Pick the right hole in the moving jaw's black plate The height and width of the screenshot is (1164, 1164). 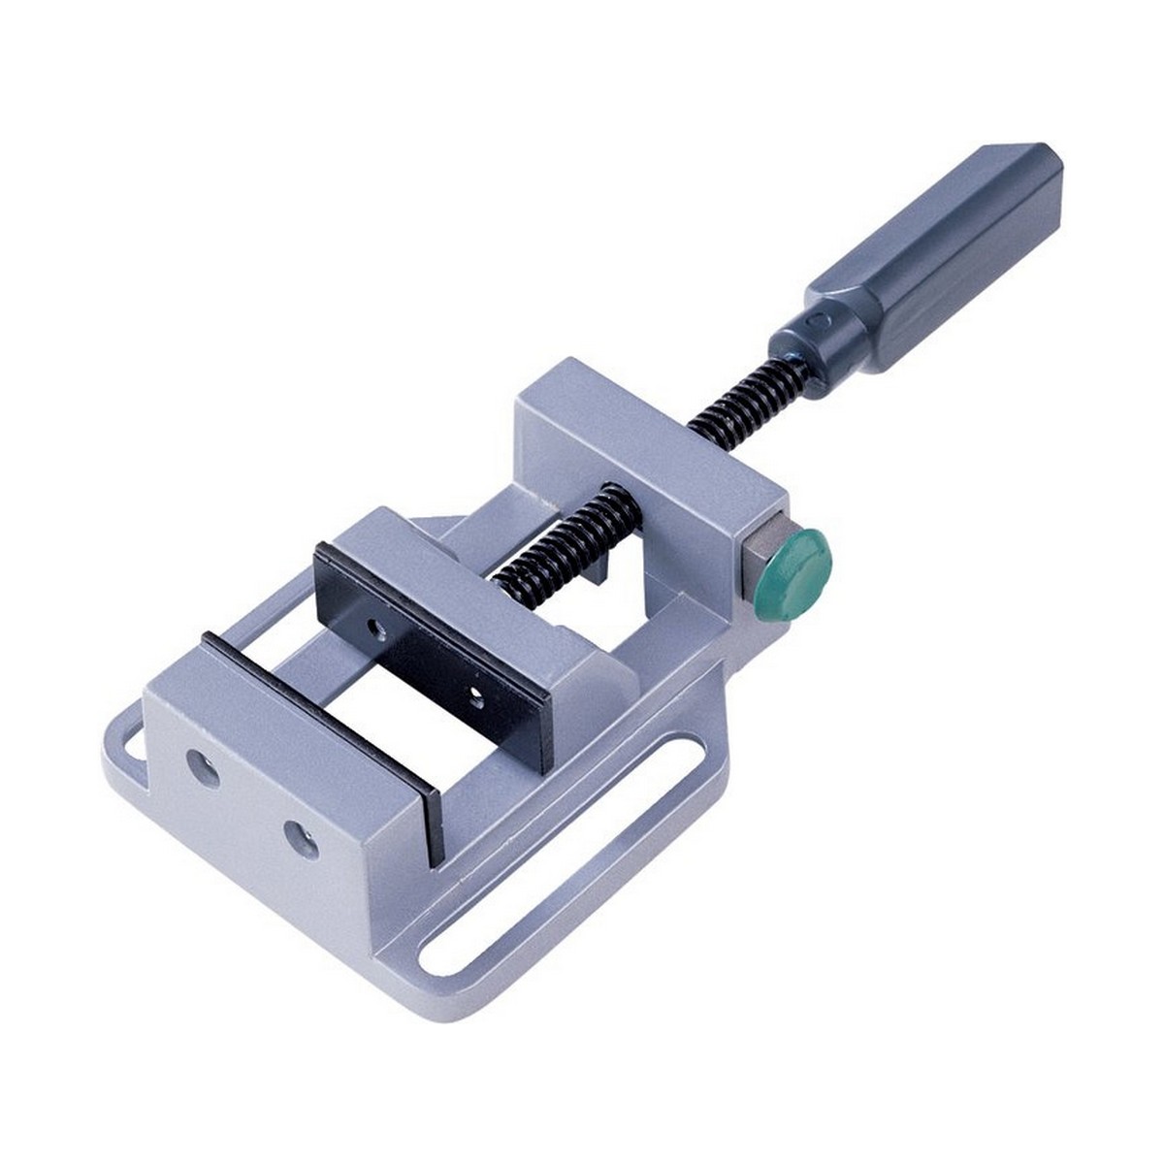coord(475,693)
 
